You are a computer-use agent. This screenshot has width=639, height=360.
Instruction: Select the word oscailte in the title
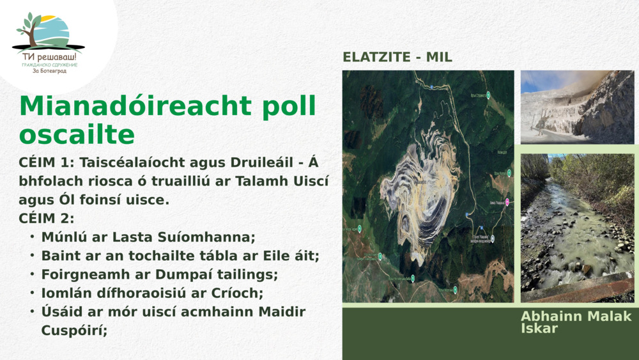[x=77, y=135]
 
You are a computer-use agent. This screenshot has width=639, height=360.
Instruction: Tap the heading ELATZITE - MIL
[x=397, y=57]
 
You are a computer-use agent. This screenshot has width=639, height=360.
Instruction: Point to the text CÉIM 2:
[x=47, y=218]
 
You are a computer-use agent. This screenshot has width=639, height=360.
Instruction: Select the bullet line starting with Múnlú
[x=148, y=237]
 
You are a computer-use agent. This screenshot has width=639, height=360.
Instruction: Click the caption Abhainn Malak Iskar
[x=575, y=322]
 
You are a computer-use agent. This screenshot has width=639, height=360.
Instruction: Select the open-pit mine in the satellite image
[x=418, y=185]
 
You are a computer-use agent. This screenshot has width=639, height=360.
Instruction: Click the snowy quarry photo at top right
[x=577, y=107]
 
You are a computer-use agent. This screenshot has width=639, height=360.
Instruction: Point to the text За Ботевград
[x=49, y=71]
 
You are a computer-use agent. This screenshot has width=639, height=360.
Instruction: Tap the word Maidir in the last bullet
[x=281, y=312]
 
